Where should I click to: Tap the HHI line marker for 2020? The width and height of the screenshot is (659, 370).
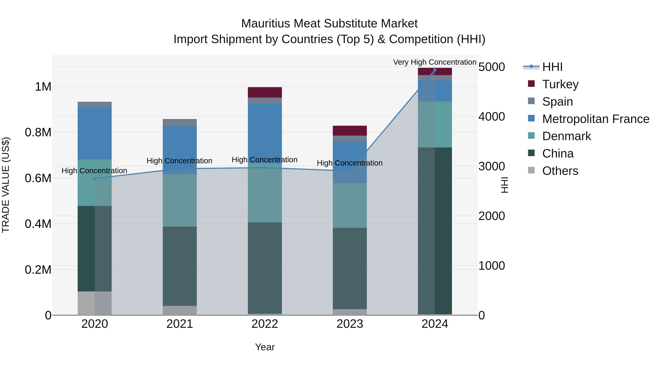coord(95,179)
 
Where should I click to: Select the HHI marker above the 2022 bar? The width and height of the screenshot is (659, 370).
coord(265,168)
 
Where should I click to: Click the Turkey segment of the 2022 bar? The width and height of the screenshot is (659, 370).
coord(265,92)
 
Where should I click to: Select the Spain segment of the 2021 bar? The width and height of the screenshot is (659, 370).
coord(180,123)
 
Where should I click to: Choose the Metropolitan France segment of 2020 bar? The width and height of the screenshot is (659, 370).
coord(95,133)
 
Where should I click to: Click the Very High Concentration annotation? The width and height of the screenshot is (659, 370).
coord(434,62)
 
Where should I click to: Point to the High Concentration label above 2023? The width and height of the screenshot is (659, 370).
coord(349,163)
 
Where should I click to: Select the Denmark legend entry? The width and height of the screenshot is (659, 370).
coord(566,136)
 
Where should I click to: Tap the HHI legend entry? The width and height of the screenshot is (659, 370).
coord(552,67)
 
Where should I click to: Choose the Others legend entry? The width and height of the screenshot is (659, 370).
coord(560,171)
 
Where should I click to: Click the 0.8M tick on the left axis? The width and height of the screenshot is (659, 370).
coord(38,132)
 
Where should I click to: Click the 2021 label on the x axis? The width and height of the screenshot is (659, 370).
coord(180,324)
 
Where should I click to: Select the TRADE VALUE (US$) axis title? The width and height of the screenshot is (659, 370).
coord(6,185)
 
